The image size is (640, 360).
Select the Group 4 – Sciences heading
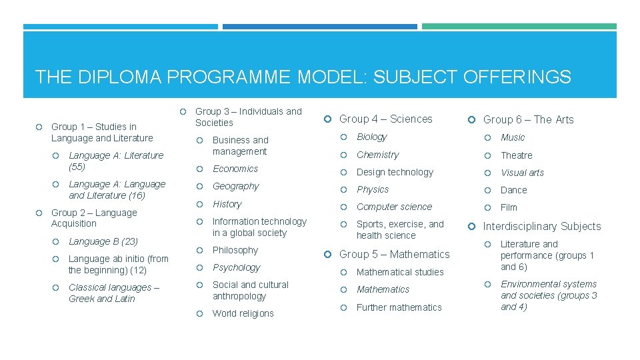[x=385, y=119]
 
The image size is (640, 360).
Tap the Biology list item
[x=371, y=137]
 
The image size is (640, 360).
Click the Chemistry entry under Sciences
[x=377, y=155]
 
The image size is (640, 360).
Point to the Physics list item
[x=373, y=189]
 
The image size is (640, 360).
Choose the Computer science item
[x=394, y=207]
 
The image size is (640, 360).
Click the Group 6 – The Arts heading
[x=528, y=120]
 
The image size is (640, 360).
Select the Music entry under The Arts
[x=513, y=137]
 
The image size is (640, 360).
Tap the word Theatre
[x=516, y=155]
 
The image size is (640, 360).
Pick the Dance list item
[x=513, y=190]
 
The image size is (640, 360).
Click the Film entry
[x=509, y=207]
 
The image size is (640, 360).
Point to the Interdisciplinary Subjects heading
[x=541, y=227]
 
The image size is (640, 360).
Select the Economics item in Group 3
[x=235, y=169]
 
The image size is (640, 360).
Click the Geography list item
[x=235, y=186]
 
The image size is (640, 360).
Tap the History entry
[x=227, y=204]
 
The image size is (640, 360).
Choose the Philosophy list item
[x=235, y=250]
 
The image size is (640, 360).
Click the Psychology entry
[x=236, y=267]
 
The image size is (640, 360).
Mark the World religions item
[x=243, y=313]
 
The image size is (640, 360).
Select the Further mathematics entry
[x=399, y=307]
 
